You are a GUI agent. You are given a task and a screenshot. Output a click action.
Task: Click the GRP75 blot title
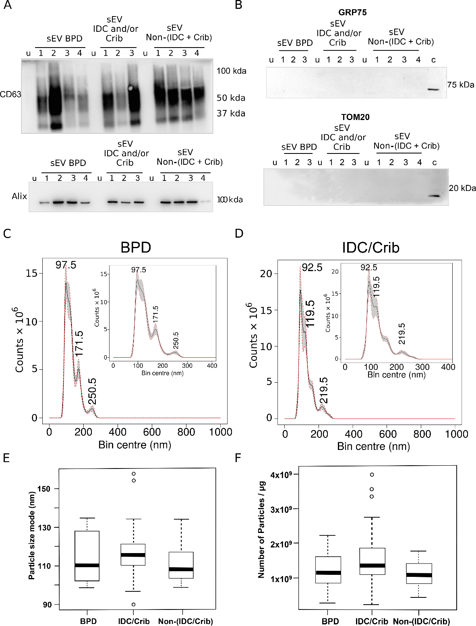352,12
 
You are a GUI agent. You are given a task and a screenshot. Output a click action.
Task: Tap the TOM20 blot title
355,117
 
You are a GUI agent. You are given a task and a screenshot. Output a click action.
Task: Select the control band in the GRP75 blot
434,89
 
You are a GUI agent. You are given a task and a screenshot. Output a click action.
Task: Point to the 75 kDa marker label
461,85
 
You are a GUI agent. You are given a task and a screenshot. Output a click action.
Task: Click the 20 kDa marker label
462,188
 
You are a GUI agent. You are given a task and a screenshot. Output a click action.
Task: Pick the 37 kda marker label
231,114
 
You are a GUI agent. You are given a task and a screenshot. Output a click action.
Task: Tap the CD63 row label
10,94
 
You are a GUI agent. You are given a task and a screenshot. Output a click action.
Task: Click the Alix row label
19,196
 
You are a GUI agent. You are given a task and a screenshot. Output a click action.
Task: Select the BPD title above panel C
136,247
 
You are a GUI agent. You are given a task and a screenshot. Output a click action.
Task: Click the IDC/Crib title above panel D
370,247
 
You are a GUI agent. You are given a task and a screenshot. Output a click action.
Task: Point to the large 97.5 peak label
66,265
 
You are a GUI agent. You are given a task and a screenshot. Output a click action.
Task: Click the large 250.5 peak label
93,391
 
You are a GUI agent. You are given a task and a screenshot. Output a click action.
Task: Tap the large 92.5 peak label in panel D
312,267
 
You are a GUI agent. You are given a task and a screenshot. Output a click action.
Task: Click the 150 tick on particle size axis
44,489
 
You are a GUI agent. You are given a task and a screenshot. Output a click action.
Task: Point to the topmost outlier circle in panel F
372,475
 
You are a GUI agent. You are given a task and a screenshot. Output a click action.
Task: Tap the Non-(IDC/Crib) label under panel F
421,621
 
